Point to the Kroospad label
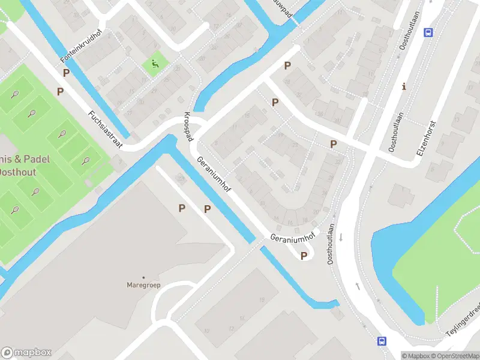[x=188, y=126]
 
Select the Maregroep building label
[x=143, y=285]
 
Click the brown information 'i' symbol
[x=404, y=86]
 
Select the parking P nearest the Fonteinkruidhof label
[x=66, y=73]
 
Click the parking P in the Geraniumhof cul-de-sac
[x=304, y=256]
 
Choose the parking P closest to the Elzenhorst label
[x=333, y=144]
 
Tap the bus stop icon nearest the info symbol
[x=428, y=32]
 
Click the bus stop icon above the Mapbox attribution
[x=382, y=341]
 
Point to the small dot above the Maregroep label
[x=143, y=277]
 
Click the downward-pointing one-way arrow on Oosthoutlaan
[x=341, y=237]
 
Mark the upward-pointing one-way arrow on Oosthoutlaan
[x=358, y=286]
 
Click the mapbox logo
[x=26, y=353]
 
